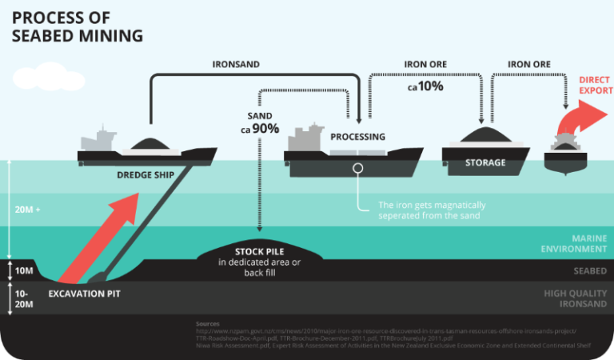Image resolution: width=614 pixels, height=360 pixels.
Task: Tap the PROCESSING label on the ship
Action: point(357,137)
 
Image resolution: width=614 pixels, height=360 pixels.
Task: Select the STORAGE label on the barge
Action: point(485,162)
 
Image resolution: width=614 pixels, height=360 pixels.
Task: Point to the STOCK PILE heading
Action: point(260,251)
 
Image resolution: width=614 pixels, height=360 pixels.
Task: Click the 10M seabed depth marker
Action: point(24,271)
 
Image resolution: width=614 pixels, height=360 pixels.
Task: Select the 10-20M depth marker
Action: point(24,299)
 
